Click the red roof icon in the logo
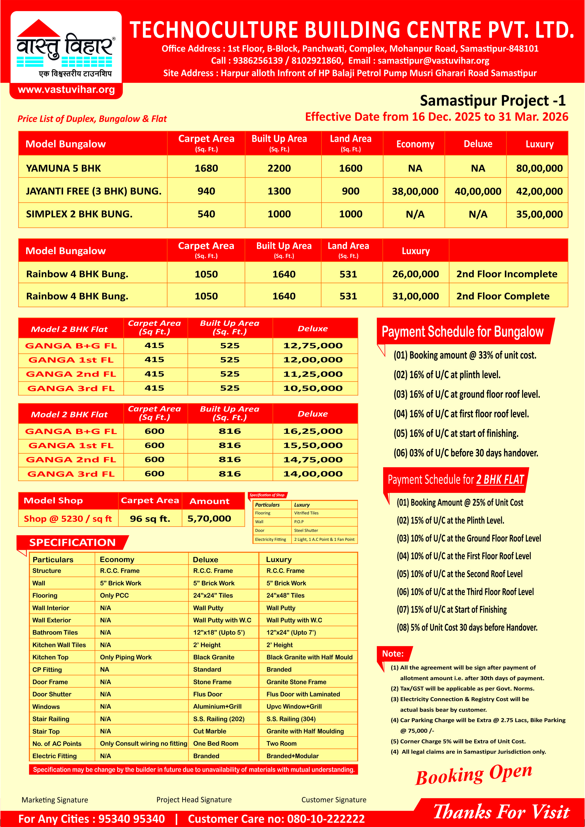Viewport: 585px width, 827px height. click(39, 28)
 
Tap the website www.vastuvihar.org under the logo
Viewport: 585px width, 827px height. click(66, 90)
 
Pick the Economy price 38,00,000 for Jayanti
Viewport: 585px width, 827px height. click(415, 191)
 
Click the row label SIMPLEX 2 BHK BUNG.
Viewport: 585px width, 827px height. click(79, 214)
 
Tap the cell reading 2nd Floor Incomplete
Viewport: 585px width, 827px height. click(507, 274)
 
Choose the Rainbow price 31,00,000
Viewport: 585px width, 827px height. click(415, 296)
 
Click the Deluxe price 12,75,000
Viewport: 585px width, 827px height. click(313, 346)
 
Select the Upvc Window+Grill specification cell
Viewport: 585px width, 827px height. click(294, 707)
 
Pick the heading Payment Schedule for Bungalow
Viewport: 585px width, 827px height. click(462, 332)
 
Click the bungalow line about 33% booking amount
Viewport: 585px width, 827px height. click(465, 356)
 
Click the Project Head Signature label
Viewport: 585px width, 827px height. click(194, 800)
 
